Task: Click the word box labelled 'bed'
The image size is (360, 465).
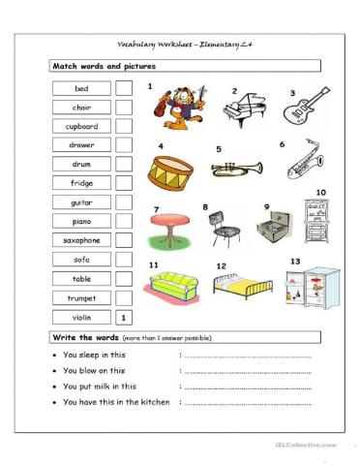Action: coord(80,88)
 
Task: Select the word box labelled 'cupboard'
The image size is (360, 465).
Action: coord(80,126)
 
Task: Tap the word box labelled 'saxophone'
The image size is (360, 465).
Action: coord(80,240)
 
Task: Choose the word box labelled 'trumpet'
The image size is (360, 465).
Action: coord(80,297)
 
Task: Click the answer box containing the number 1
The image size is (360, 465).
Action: coord(124,317)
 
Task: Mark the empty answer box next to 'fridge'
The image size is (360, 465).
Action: coord(124,183)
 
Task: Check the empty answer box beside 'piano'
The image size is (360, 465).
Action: coord(124,221)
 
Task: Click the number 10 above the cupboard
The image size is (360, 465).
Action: coord(320,192)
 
